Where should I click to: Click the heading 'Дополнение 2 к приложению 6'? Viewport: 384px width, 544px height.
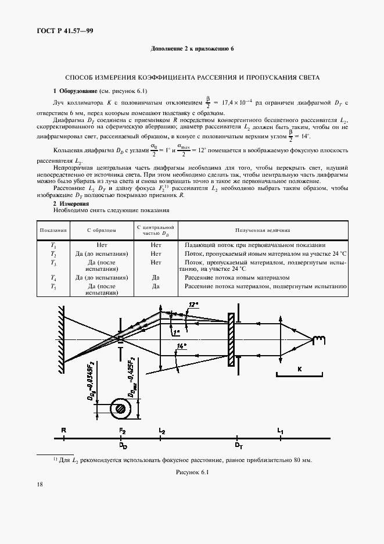pos(192,48)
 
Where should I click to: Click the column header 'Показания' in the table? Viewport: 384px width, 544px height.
pos(53,231)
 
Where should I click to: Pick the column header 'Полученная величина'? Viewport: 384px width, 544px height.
pos(262,231)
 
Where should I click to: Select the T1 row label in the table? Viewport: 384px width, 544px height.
pos(53,245)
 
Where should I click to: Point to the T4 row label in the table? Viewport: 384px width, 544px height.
pos(53,278)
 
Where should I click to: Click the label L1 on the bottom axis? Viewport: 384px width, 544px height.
pos(281,430)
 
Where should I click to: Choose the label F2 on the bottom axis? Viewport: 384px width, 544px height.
pos(123,430)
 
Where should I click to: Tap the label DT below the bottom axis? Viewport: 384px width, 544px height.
pos(238,446)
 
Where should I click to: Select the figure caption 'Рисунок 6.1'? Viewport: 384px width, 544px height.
pos(192,473)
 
